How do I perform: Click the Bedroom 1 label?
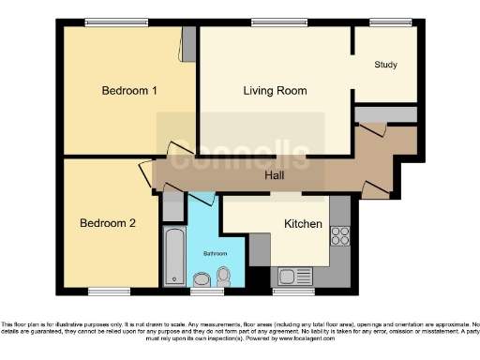coord(129,91)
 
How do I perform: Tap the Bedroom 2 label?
coord(108,223)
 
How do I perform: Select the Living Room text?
coord(276,91)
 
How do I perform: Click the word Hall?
coord(274,175)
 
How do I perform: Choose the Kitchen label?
coord(303,224)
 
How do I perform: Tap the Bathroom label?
coord(216,253)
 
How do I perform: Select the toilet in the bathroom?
coord(223,276)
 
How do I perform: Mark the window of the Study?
coord(384,22)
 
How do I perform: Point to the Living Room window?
coord(270,22)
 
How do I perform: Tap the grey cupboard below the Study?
coord(385,113)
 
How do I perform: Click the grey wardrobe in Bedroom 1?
coord(188,43)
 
